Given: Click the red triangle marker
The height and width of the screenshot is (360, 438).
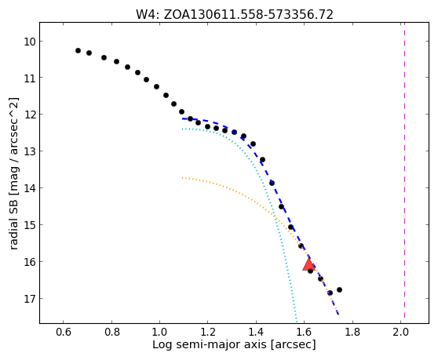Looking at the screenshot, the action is (308, 265).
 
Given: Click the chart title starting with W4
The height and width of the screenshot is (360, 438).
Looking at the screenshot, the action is (235, 14).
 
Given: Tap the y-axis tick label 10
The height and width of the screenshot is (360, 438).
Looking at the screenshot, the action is (30, 42).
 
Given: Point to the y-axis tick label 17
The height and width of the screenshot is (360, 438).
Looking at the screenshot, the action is (30, 299).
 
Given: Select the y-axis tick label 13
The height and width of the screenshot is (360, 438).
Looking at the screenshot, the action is (30, 151).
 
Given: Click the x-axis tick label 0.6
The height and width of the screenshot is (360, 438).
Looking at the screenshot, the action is (64, 332).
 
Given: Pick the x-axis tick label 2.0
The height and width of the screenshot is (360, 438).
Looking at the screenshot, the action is (400, 332).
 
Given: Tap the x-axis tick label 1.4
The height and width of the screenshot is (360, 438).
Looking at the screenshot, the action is (256, 332).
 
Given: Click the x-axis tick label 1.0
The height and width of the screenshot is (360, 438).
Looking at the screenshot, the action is (159, 332).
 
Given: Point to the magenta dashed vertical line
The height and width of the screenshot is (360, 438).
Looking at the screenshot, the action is (404, 170).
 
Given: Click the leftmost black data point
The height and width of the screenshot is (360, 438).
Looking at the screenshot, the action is (78, 50).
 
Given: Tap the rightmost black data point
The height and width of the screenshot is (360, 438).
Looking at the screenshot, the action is (339, 289).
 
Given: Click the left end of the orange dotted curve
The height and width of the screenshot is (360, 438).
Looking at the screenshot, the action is (182, 177).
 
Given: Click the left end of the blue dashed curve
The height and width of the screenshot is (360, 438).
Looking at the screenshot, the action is (182, 118).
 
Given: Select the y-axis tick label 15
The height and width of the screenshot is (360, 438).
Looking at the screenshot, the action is (30, 225).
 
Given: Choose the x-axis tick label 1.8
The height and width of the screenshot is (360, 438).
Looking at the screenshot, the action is (352, 332).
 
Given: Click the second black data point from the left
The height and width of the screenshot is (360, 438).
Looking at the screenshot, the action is (89, 53).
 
